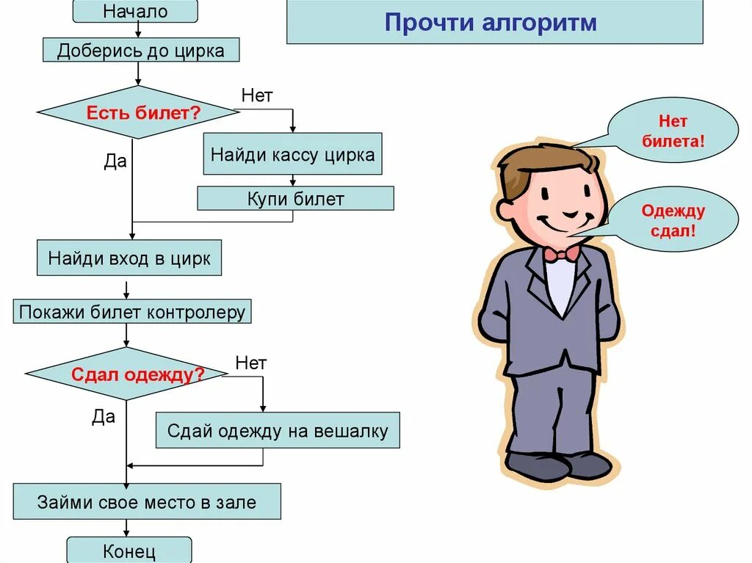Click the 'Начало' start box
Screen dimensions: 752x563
click(136, 12)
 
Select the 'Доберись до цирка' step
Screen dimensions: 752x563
click(140, 50)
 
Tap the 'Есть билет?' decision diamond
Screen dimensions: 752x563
click(139, 113)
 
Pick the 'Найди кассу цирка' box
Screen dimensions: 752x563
click(292, 154)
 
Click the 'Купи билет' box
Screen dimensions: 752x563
click(295, 198)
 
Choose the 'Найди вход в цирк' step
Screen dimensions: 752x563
click(129, 258)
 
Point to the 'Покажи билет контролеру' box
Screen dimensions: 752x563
click(133, 311)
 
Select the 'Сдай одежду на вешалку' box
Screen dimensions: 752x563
click(278, 430)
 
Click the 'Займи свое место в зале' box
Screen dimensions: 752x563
click(147, 503)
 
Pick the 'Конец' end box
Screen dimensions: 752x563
click(129, 551)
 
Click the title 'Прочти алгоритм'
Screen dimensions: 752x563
click(494, 22)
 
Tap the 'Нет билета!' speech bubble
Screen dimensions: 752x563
click(673, 131)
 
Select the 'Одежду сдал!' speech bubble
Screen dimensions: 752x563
click(673, 220)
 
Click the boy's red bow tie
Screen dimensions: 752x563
click(561, 254)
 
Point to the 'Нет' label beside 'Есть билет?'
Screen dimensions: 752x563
click(257, 95)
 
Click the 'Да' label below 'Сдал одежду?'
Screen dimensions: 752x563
click(104, 417)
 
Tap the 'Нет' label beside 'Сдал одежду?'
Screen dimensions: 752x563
click(251, 363)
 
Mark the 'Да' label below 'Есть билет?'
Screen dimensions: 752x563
click(115, 161)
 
